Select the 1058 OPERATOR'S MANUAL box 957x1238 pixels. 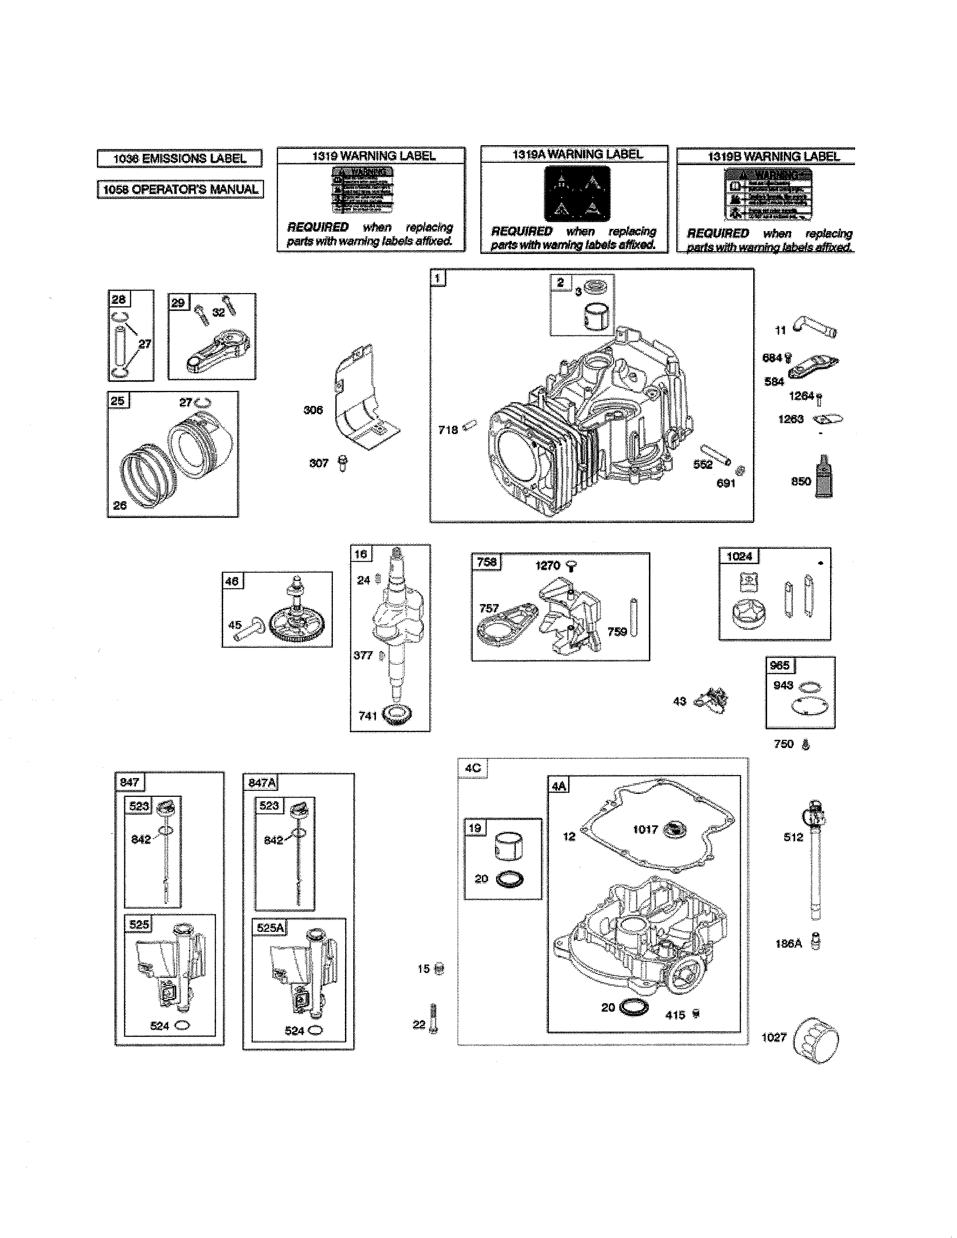tap(180, 189)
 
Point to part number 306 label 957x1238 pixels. tap(313, 410)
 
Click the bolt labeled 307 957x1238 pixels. tap(342, 463)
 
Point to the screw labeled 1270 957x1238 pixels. tap(572, 566)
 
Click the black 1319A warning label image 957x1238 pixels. tap(577, 193)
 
